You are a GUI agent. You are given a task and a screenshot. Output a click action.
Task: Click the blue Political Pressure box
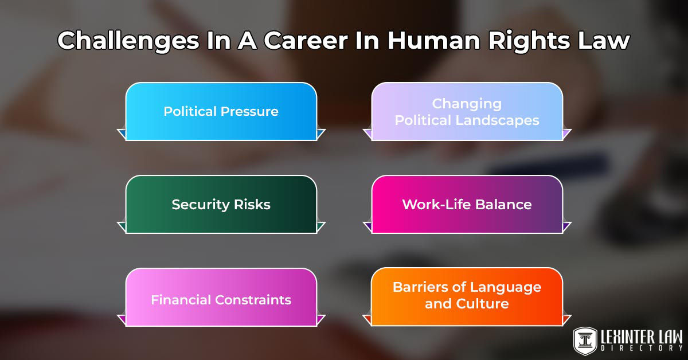221,111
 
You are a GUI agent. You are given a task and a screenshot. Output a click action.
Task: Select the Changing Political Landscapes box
467,111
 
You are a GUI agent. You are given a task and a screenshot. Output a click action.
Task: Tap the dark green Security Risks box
221,204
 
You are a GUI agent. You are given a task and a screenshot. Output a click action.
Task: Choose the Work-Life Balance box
467,204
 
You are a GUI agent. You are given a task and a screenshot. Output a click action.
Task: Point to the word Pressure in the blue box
250,111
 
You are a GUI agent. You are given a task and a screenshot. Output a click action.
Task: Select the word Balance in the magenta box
503,205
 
